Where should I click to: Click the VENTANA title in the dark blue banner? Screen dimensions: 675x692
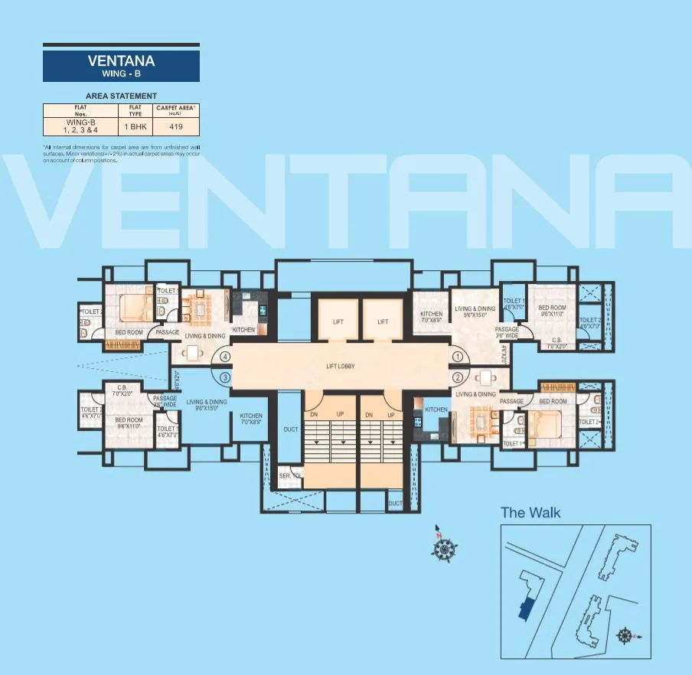coord(122,61)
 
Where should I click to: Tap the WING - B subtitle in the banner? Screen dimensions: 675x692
coord(122,74)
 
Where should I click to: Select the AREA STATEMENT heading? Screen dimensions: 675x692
coord(122,96)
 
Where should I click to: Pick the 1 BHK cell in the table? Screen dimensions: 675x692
coord(135,126)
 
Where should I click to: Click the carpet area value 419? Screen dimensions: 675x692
coord(176,126)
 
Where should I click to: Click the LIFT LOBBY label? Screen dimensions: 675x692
coord(341,367)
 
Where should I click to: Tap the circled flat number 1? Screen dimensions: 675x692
coord(459,356)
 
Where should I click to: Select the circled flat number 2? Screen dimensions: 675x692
coord(459,377)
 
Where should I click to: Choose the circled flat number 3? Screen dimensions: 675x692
coord(225,377)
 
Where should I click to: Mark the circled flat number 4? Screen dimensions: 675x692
coord(225,356)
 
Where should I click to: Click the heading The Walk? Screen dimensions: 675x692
coord(530,512)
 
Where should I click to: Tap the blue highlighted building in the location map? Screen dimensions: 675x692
coord(525,607)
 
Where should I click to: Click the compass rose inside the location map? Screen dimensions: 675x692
coord(625,634)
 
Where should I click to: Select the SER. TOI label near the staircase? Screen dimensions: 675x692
coord(291,475)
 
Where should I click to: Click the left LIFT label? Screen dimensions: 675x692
coord(338,322)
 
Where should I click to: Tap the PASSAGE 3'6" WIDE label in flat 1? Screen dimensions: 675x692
coord(507,332)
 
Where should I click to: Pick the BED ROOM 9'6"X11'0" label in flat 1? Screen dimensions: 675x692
coord(552,310)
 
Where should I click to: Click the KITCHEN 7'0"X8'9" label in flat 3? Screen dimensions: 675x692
coord(250,419)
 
